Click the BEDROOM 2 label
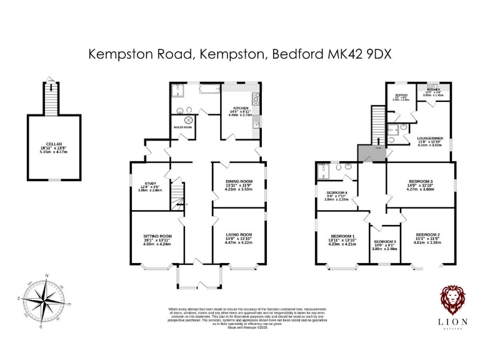coord(428,234)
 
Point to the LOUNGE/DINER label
coord(430,138)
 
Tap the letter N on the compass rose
coord(47,275)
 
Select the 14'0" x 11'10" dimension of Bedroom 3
coord(421,185)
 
